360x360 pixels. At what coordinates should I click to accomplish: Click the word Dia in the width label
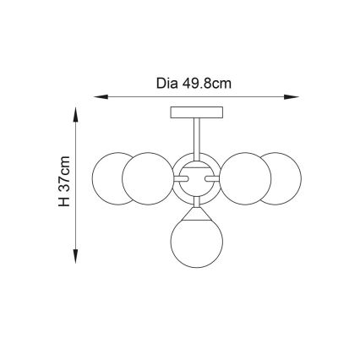(167, 83)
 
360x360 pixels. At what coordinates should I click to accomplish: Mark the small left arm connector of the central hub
(181, 178)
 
